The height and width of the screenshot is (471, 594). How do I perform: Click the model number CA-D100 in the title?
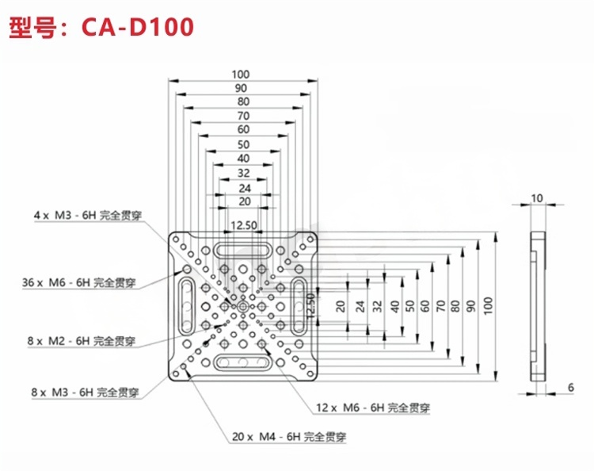pos(137,28)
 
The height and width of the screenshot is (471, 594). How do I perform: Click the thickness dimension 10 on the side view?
pos(538,198)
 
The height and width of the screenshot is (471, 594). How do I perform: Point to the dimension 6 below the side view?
pos(569,387)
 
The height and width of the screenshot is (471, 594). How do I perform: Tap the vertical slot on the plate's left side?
pos(188,307)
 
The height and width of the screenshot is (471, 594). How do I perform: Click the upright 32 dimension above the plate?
pos(243,173)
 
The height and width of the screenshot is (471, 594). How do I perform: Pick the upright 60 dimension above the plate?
pos(243,129)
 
